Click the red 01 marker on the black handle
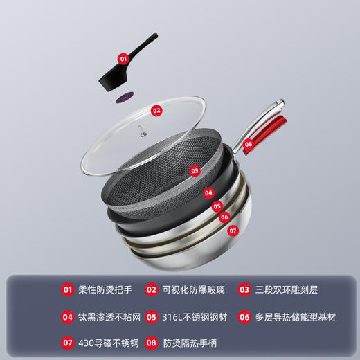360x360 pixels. pos(123,60)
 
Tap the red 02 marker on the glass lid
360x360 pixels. pos(156,109)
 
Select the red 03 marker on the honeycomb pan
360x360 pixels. pos(195,170)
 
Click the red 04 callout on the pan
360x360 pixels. pos(208,193)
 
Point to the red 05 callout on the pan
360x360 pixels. pos(217,206)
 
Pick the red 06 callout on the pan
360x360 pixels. pos(224,217)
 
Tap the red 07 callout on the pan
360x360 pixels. pos(233,230)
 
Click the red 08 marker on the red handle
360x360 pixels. pos(248,144)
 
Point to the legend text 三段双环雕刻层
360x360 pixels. pos(285,291)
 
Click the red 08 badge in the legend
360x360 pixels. pos(152,343)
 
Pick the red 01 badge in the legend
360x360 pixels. pos(67,291)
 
